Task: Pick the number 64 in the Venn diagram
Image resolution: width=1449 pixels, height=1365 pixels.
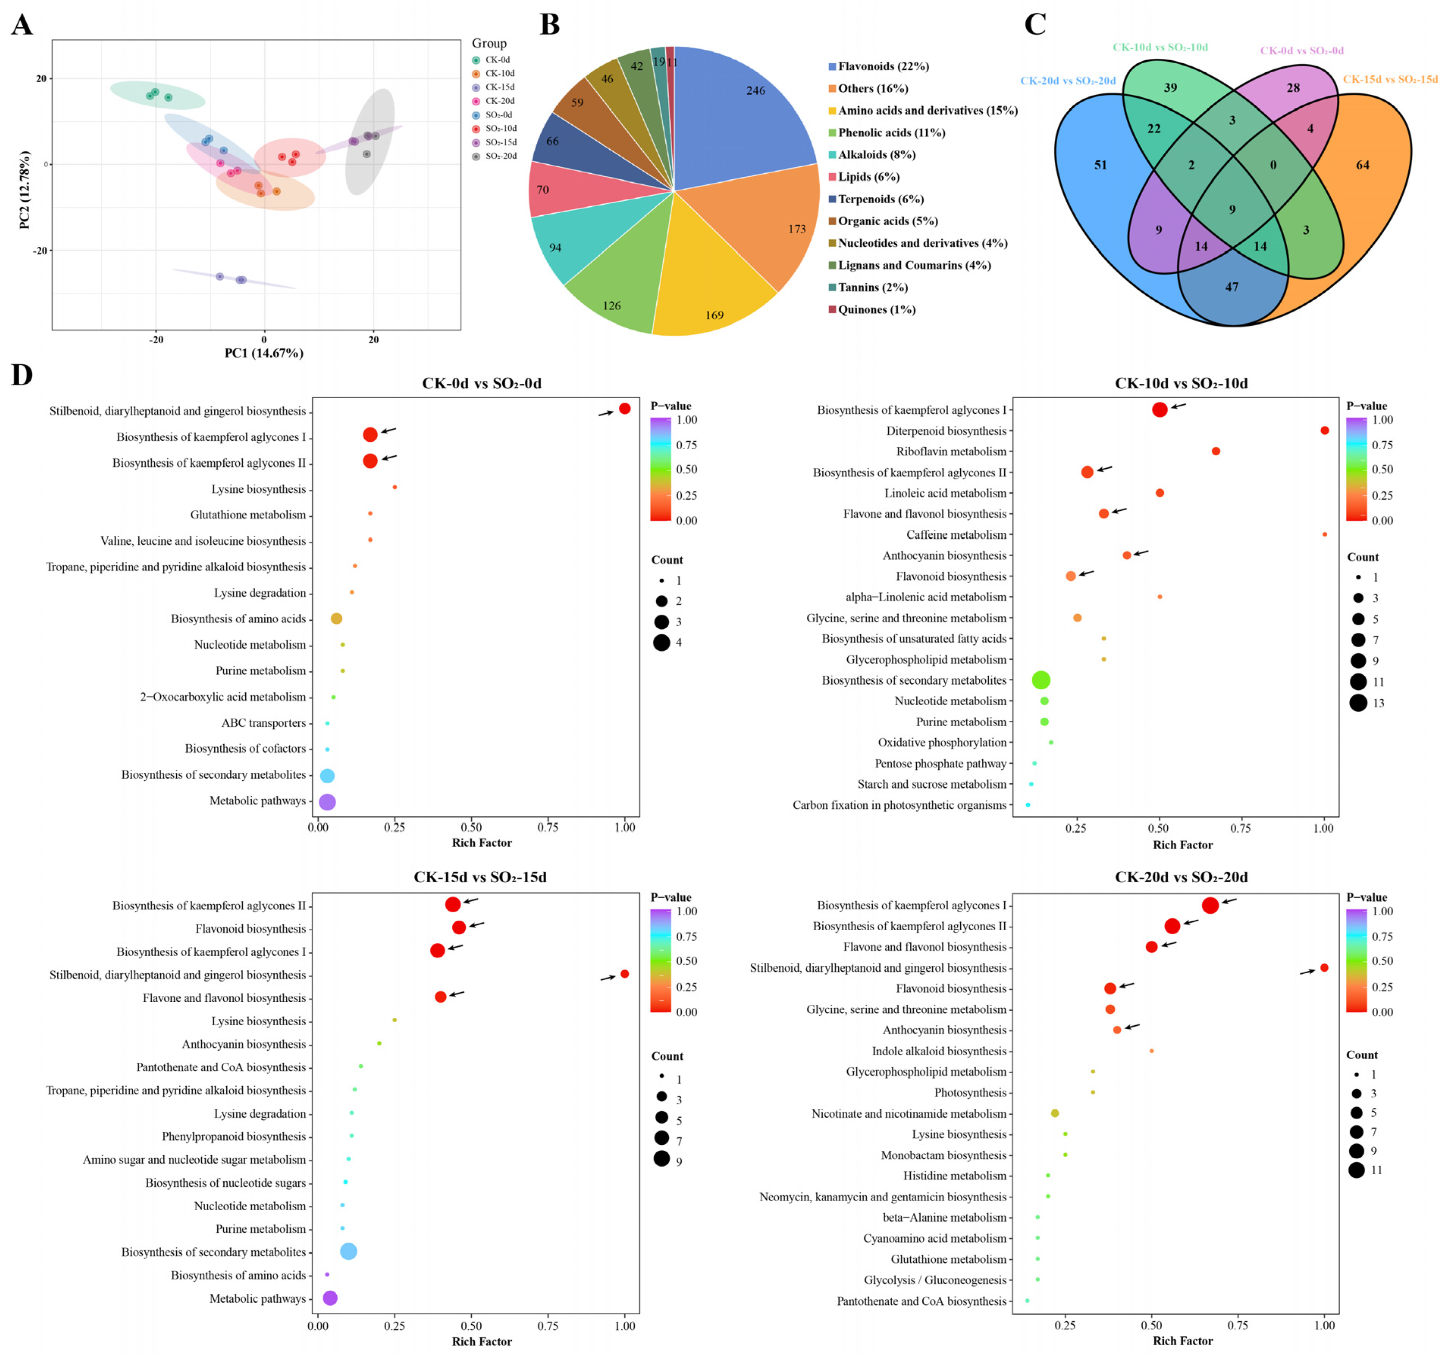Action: point(1362,165)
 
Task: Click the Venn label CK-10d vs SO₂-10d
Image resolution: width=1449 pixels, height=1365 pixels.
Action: point(1160,47)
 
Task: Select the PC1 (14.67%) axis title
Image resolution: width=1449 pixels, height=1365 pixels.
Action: point(264,353)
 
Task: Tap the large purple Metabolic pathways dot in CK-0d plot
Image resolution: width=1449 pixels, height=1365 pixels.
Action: point(327,802)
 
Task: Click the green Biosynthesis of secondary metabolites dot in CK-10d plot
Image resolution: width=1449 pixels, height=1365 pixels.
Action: point(1041,680)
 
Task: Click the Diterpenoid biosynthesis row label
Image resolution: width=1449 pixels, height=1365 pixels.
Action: point(946,431)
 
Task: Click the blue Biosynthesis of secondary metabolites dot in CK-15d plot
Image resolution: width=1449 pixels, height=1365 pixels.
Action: point(348,1251)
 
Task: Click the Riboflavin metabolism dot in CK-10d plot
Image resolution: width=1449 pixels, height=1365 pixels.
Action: point(1216,451)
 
